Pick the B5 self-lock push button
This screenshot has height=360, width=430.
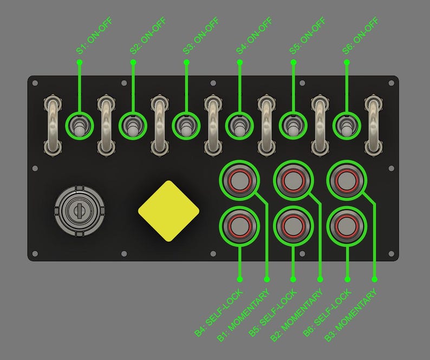click(293, 225)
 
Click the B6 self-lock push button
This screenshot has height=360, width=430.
click(346, 225)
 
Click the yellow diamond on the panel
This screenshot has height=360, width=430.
click(168, 211)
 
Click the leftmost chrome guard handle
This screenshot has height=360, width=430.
click(53, 125)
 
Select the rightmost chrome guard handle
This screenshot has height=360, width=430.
click(373, 125)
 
